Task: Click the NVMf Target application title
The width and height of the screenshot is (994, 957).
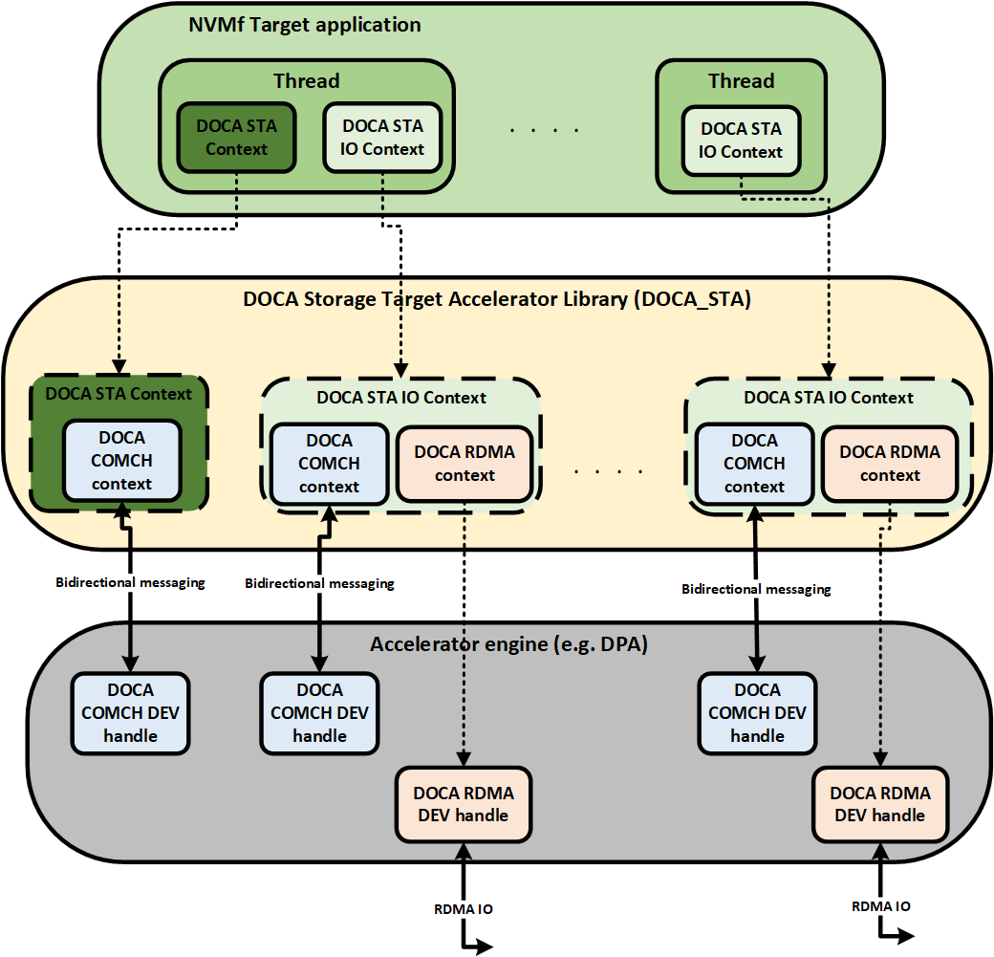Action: click(304, 25)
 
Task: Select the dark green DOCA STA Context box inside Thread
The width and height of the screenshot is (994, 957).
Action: click(236, 137)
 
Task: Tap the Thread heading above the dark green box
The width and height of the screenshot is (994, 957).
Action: click(306, 81)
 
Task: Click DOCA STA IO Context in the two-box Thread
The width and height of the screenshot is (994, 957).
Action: click(382, 137)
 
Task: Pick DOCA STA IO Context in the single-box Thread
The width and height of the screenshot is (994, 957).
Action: click(741, 141)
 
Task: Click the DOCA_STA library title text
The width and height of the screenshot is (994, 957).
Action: click(497, 299)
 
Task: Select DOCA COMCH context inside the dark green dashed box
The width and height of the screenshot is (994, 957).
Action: click(121, 461)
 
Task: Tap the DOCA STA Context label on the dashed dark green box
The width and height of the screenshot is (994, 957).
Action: click(119, 393)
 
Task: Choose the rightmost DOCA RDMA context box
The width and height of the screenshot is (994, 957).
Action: click(890, 464)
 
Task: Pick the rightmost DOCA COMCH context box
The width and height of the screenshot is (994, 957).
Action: click(754, 464)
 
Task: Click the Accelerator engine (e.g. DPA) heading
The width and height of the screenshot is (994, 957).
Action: click(508, 644)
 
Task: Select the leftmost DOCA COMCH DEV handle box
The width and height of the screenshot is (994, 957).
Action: click(130, 713)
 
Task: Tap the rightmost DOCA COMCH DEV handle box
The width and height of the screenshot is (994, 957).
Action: click(757, 713)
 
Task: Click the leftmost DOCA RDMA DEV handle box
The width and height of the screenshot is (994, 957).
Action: click(464, 804)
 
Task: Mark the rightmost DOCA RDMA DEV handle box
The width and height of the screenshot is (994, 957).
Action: click(879, 804)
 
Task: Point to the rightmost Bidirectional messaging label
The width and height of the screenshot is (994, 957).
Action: click(756, 590)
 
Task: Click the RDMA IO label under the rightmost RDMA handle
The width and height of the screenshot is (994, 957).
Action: click(880, 905)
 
